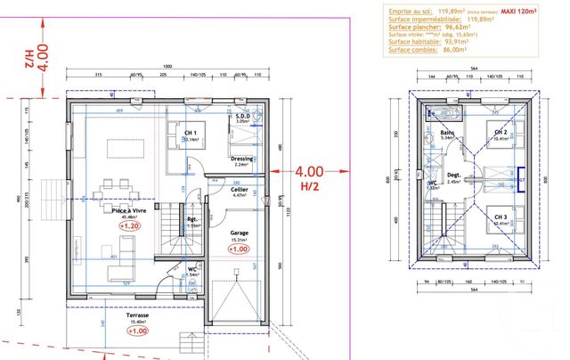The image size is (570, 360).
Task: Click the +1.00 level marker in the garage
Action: click(x=238, y=250)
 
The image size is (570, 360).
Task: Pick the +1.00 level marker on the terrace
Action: click(x=137, y=331)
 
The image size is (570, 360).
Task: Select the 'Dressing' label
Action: click(x=241, y=158)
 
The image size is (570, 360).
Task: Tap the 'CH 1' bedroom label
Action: click(x=190, y=132)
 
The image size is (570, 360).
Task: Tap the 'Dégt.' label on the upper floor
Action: click(x=453, y=175)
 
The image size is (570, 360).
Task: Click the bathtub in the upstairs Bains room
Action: click(x=439, y=111)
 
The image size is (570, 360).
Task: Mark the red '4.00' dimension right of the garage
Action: click(x=309, y=170)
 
